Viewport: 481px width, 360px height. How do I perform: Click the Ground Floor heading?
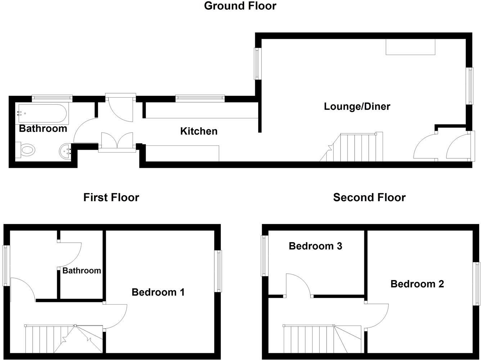[x=240, y=6]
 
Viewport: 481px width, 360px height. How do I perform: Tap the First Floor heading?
[x=111, y=197]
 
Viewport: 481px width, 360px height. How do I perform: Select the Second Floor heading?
[x=369, y=197]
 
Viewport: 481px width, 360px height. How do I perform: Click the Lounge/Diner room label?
[x=357, y=107]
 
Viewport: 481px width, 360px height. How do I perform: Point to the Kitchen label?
[x=199, y=131]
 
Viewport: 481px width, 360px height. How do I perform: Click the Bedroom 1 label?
[x=158, y=292]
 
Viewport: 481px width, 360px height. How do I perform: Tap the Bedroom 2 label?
[x=417, y=284]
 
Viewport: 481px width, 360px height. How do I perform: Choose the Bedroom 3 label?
[x=315, y=246]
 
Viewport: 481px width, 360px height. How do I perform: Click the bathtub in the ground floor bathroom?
[x=42, y=114]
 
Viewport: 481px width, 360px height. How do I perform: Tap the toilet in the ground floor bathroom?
[x=26, y=149]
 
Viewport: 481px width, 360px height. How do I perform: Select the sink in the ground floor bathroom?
[x=67, y=151]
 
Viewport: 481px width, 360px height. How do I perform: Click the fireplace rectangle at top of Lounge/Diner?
[x=410, y=46]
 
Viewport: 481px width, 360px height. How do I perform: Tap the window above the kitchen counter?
[x=200, y=98]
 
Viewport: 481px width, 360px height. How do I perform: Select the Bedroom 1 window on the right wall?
[x=218, y=271]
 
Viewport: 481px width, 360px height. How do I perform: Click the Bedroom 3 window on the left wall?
[x=265, y=256]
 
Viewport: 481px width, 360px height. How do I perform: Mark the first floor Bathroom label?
[x=82, y=271]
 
